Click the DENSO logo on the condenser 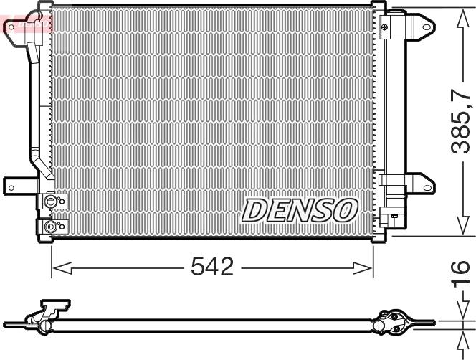pos(300,210)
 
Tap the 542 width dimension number pos(212,267)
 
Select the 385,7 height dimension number pos(460,121)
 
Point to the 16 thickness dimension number pos(460,273)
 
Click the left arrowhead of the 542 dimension pos(62,268)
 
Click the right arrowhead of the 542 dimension pos(363,268)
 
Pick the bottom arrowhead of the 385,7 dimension pos(463,225)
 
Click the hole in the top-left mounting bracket pos(11,27)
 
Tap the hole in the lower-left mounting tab pos(11,188)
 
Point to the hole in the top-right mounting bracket pos(427,27)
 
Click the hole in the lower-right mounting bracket pos(427,188)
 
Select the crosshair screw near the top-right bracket pos(385,27)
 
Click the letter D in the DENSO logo pos(254,211)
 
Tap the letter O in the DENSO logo pos(345,209)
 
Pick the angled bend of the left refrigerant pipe pos(42,166)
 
